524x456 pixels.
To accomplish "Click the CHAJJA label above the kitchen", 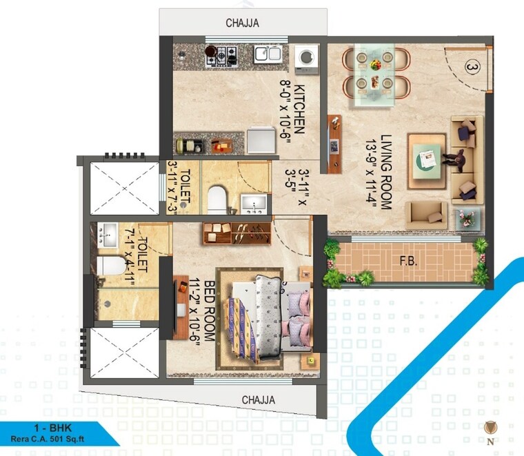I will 242,23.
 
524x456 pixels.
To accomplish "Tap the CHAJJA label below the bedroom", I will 259,400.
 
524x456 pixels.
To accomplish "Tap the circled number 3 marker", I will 472,68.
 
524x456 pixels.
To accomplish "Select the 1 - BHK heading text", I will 38,428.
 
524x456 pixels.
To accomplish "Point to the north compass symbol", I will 490,428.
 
